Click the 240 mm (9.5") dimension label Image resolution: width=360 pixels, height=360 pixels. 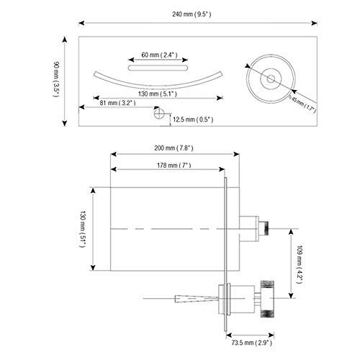pyautogui.click(x=192, y=14)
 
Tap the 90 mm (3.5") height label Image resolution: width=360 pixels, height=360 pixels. pyautogui.click(x=56, y=79)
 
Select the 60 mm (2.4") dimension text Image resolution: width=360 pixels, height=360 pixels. pyautogui.click(x=159, y=55)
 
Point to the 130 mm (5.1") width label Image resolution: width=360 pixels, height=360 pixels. pyautogui.click(x=158, y=94)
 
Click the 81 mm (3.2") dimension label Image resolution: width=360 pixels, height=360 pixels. pyautogui.click(x=117, y=103)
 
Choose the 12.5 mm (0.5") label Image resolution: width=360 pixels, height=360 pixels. pyautogui.click(x=193, y=120)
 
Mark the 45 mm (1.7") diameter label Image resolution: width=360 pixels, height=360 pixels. pyautogui.click(x=302, y=104)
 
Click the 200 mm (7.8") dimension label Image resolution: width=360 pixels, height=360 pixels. pyautogui.click(x=174, y=148)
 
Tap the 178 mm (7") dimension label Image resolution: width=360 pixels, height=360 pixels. pyautogui.click(x=174, y=165)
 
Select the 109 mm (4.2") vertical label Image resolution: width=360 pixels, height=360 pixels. pyautogui.click(x=299, y=264)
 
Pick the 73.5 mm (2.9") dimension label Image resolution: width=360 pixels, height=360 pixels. pyautogui.click(x=252, y=343)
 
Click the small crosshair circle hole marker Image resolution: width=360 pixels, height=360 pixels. pyautogui.click(x=158, y=113)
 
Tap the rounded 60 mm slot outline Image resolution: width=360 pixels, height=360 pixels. pyautogui.click(x=158, y=68)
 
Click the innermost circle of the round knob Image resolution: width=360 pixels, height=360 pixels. pyautogui.click(x=271, y=78)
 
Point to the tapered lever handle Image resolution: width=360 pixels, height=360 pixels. pyautogui.click(x=197, y=299)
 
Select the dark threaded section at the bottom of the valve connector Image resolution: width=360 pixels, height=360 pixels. pyautogui.click(x=267, y=314)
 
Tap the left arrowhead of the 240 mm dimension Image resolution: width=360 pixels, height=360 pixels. pyautogui.click(x=81, y=23)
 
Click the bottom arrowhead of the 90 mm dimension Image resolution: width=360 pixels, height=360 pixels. pyautogui.click(x=65, y=123)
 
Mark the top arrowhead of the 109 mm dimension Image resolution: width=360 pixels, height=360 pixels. pyautogui.click(x=291, y=232)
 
